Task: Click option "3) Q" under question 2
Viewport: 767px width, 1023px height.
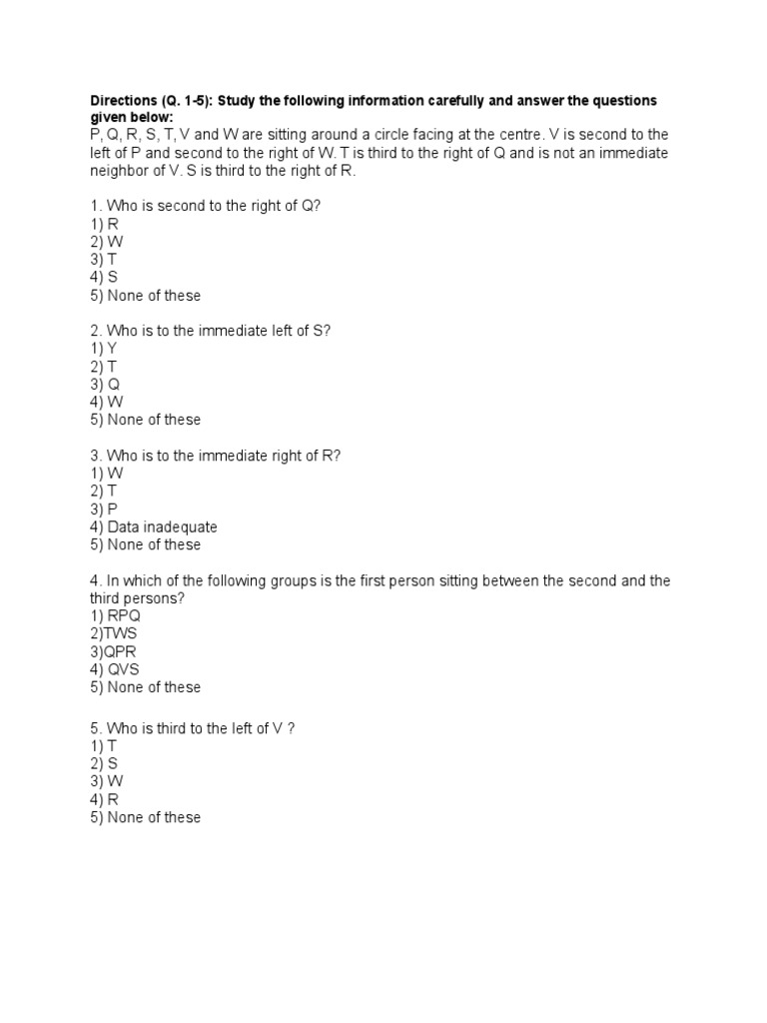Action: [105, 384]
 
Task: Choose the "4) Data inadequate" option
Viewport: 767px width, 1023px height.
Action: [154, 526]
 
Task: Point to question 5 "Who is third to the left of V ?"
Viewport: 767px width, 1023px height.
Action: [192, 728]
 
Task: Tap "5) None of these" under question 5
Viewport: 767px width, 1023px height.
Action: [145, 817]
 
